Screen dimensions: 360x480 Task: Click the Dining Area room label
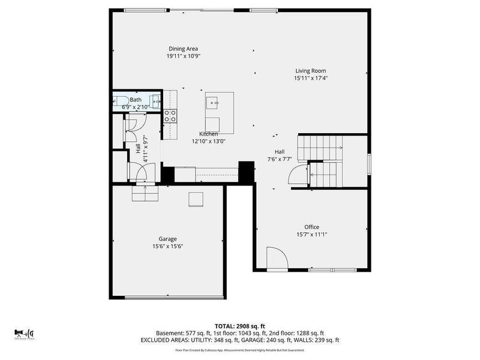(x=183, y=49)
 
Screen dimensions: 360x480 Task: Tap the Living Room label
(x=310, y=70)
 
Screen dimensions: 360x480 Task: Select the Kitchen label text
(x=208, y=134)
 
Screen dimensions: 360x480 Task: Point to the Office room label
(x=311, y=227)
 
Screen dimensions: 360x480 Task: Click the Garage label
(x=167, y=239)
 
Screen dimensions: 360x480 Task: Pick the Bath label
(x=136, y=100)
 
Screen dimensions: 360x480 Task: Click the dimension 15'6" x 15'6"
(x=167, y=246)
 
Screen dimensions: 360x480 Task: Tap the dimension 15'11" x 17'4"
(x=310, y=78)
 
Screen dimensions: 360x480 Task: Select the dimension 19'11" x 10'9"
(x=183, y=56)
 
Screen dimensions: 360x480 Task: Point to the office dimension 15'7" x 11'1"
(x=311, y=234)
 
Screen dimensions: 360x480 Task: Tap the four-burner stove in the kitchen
(x=170, y=115)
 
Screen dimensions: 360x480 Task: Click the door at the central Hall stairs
(x=298, y=175)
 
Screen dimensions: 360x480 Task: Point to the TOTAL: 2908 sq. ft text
(x=240, y=326)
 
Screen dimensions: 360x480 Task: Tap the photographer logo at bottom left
(x=25, y=333)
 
